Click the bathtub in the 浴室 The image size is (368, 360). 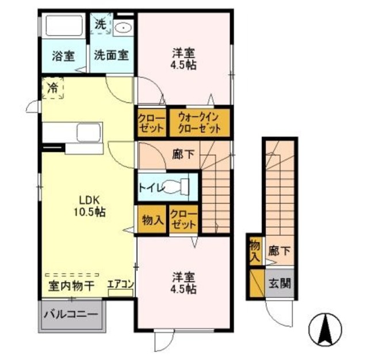[x=64, y=25]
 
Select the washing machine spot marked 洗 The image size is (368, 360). [x=101, y=24]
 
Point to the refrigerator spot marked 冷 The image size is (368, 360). [x=53, y=87]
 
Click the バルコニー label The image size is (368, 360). [x=71, y=314]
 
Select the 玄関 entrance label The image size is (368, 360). [x=279, y=284]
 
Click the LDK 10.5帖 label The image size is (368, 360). [x=90, y=206]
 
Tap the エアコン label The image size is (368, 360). [x=121, y=284]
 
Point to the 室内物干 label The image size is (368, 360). [x=71, y=286]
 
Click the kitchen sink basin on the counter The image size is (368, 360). [x=89, y=133]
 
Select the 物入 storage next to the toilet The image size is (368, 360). [x=152, y=220]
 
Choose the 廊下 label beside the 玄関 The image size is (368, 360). [x=279, y=251]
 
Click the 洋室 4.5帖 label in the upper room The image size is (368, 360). [x=183, y=59]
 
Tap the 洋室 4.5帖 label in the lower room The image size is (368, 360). [x=183, y=283]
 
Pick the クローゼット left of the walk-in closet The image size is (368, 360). [x=152, y=122]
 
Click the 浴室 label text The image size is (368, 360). [x=63, y=56]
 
